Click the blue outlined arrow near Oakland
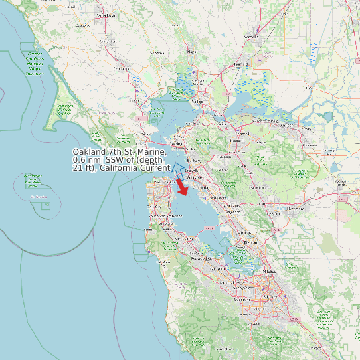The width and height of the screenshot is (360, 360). [177, 167]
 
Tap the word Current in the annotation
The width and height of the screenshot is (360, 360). [154, 168]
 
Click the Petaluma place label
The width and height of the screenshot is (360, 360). [121, 68]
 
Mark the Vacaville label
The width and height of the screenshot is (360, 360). [260, 34]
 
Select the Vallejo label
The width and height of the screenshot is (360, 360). [197, 101]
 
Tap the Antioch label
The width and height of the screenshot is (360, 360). [286, 124]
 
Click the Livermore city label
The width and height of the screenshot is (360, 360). [295, 208]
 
